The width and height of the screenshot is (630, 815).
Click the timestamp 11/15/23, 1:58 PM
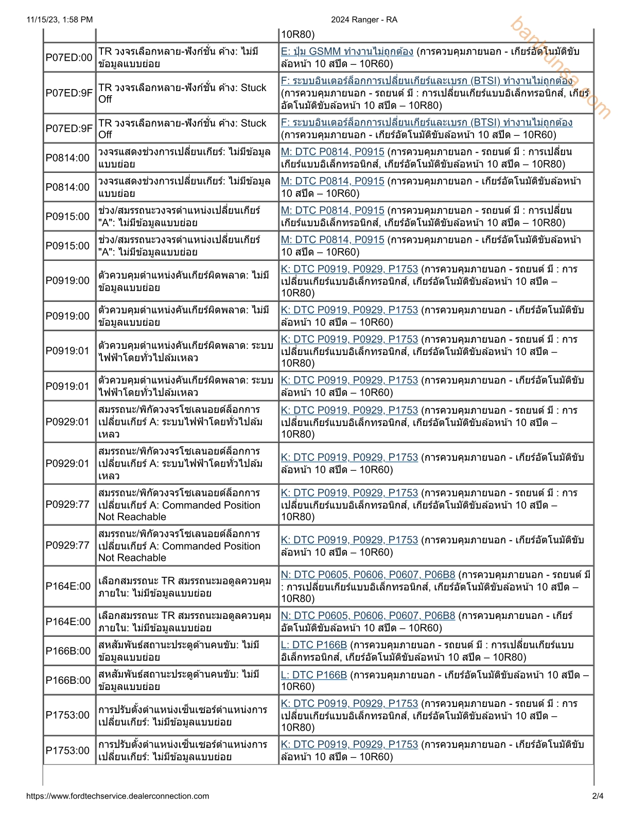coord(60,20)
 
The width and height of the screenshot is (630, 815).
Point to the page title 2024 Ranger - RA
coord(364,20)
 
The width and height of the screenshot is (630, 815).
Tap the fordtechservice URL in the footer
coord(117,796)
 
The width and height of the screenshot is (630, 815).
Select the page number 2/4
coord(598,796)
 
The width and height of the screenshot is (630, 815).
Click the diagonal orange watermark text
coord(561,67)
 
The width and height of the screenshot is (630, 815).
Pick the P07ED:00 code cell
coord(69,57)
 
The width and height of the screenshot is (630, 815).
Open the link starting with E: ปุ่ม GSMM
coord(347,51)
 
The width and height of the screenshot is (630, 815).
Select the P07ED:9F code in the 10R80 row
coord(69,93)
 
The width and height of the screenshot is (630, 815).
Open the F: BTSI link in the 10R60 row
coord(426,122)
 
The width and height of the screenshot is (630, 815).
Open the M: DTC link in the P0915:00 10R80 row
coord(332,210)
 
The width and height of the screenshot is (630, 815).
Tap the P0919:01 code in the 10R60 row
coord(67,386)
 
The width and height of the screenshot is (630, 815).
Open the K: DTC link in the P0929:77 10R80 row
coord(349,493)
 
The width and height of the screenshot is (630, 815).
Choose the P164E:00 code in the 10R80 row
coord(68,586)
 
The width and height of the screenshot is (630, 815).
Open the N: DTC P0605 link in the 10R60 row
coord(368,615)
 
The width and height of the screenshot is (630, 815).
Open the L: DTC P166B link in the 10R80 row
coord(314,645)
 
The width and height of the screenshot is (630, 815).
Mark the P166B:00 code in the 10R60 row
coord(68,680)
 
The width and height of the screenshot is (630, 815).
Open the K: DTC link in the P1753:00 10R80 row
coord(349,703)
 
